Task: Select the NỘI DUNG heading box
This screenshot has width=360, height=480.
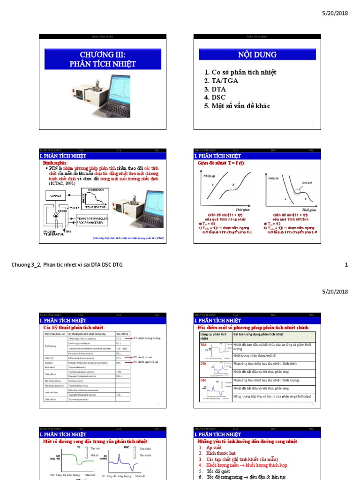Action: pos(257,55)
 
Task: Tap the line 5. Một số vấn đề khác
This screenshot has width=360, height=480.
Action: pos(237,106)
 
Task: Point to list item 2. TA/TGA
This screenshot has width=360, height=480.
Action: pos(221,81)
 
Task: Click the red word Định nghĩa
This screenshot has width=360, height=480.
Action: pos(52,163)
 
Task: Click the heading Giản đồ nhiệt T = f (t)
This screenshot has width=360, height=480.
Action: pos(221,163)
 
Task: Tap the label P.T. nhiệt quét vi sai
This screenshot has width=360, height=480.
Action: pos(146,362)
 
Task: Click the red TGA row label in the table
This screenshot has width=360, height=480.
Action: pos(203,344)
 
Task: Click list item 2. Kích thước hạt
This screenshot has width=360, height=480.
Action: pos(217,453)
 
